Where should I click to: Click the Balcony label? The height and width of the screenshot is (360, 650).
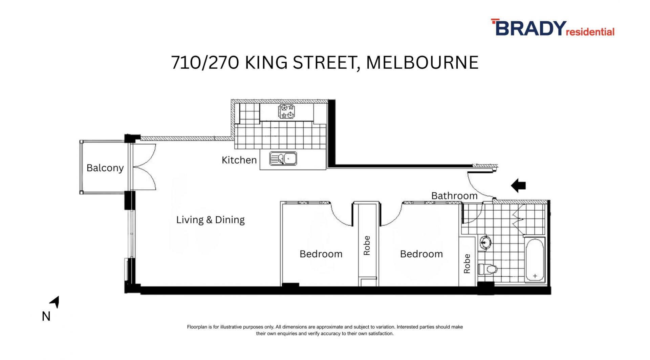tap(105, 168)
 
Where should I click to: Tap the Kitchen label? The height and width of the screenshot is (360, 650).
tap(239, 160)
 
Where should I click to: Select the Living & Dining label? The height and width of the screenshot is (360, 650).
tap(210, 220)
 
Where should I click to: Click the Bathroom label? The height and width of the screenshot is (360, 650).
tap(454, 196)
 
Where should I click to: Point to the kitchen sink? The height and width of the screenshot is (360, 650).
tap(283, 158)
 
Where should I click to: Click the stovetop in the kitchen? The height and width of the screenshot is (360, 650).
tap(286, 112)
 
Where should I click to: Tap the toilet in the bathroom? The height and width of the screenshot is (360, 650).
tap(487, 269)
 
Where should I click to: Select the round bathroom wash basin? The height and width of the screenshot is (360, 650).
tap(485, 242)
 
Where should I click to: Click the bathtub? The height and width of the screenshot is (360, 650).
tap(535, 260)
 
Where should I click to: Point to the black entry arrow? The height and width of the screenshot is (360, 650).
tap(518, 186)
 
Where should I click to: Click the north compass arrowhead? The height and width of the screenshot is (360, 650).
tap(55, 302)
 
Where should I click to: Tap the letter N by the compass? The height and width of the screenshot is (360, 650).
tap(46, 316)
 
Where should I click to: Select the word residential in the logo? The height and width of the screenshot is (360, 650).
tap(590, 32)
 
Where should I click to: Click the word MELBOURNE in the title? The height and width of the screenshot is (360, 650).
tap(422, 63)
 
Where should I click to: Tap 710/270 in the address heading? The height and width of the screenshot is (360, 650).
tap(205, 63)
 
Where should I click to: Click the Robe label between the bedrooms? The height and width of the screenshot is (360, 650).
tap(367, 246)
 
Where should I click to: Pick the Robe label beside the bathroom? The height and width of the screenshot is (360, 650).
tap(467, 263)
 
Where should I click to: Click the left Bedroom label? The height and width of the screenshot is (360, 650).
tap(321, 254)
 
